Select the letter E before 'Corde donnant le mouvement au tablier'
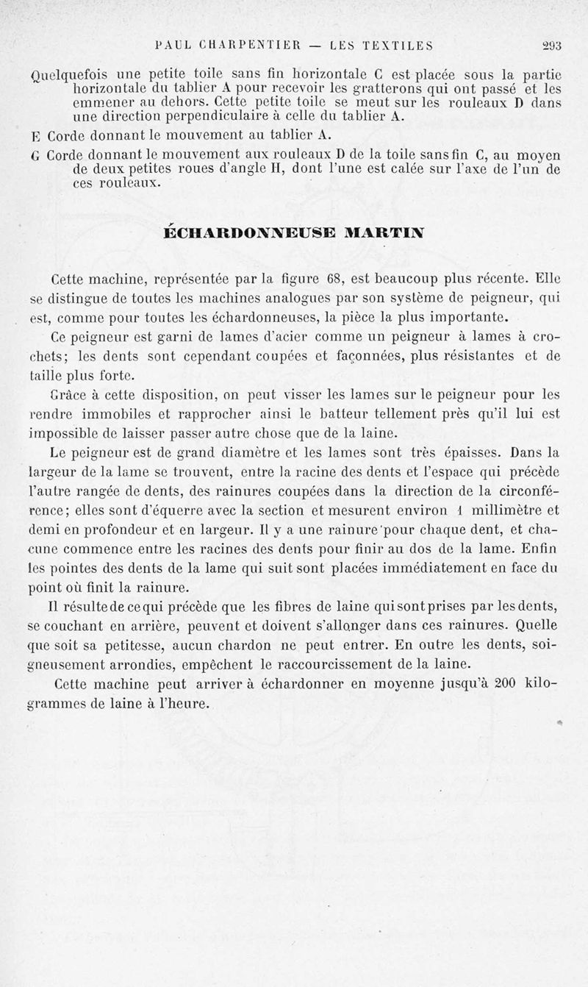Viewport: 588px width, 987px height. [x=36, y=136]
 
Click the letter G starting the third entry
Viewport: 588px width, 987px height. [x=36, y=156]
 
